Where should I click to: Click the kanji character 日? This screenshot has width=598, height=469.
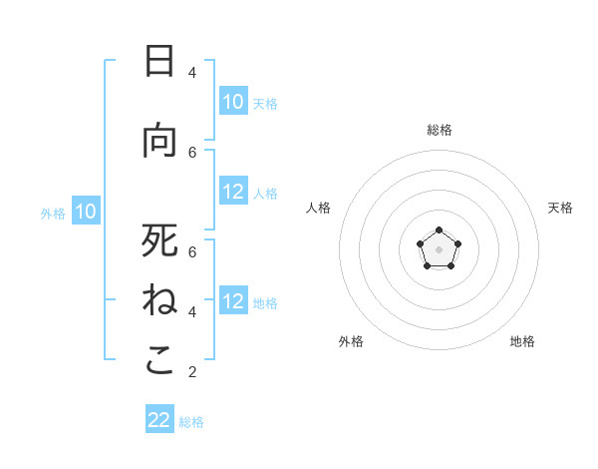pyautogui.click(x=159, y=62)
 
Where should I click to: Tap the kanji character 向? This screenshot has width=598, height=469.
pyautogui.click(x=159, y=141)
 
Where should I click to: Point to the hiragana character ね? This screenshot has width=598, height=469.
pyautogui.click(x=159, y=300)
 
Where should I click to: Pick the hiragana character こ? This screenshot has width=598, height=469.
pyautogui.click(x=159, y=360)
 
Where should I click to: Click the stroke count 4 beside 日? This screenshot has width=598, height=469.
pyautogui.click(x=192, y=73)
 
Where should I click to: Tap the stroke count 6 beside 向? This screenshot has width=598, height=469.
pyautogui.click(x=192, y=152)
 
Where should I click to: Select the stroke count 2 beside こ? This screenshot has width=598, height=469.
pyautogui.click(x=192, y=372)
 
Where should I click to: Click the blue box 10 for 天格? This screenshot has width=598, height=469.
pyautogui.click(x=233, y=102)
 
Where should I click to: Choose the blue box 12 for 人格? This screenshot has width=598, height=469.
pyautogui.click(x=233, y=192)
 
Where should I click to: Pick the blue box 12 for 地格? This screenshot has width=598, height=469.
pyautogui.click(x=233, y=301)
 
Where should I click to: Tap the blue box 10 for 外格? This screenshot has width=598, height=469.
pyautogui.click(x=86, y=211)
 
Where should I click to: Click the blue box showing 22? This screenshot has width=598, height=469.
pyautogui.click(x=159, y=420)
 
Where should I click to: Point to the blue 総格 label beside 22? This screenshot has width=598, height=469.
pyautogui.click(x=191, y=422)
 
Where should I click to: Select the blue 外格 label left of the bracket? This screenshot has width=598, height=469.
pyautogui.click(x=53, y=213)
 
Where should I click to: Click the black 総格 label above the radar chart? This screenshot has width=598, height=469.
pyautogui.click(x=439, y=130)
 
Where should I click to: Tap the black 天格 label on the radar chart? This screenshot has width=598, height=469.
pyautogui.click(x=561, y=208)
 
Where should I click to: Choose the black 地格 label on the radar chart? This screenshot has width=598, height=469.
pyautogui.click(x=522, y=341)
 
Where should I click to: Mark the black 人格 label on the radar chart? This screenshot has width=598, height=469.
pyautogui.click(x=318, y=208)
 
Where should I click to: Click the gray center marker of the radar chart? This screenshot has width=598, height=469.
pyautogui.click(x=439, y=249)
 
